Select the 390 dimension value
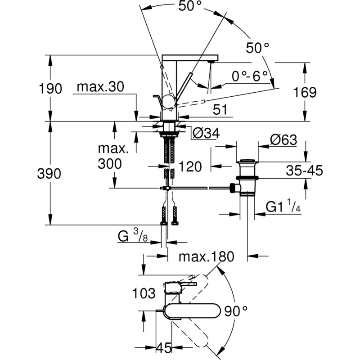point(49,174)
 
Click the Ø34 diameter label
point(205,133)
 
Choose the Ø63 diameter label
point(283,140)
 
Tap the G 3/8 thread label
point(134,236)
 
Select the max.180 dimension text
point(207,257)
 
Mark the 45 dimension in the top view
point(163,348)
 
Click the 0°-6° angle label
point(250,76)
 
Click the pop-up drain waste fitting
point(247,177)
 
